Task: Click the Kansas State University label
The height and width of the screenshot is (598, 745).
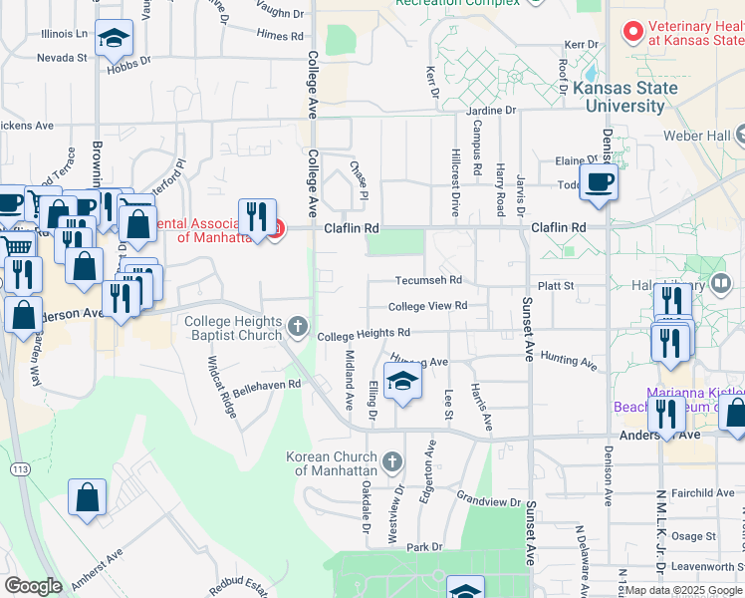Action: pos(624,97)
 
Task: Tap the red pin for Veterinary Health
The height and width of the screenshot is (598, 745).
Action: pos(631,32)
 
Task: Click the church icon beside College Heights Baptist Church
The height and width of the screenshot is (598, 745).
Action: pos(297,326)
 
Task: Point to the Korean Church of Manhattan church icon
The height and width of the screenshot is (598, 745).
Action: pos(393,461)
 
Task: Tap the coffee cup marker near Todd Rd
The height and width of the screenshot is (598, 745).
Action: pos(599,183)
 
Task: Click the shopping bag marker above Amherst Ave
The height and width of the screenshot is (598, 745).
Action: pos(88,498)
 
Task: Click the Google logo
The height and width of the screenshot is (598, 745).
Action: pos(33,586)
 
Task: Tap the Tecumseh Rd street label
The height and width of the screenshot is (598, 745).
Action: pos(428,281)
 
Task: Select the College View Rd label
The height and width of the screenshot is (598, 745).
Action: pos(427,306)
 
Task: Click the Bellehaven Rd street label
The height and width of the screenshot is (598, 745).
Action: pos(266,384)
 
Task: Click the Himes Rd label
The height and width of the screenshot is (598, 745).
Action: pos(279,35)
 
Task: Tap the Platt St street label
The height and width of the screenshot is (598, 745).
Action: pos(556,286)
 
